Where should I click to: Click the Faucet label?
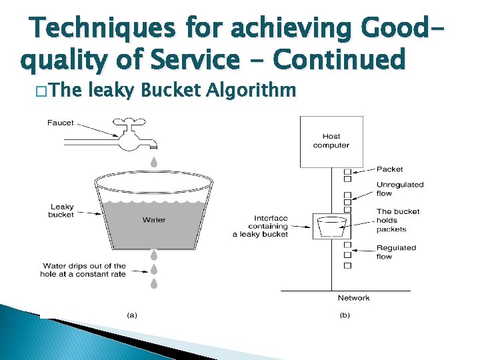[61, 123]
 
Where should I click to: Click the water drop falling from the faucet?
[153, 161]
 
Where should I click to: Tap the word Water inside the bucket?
[154, 219]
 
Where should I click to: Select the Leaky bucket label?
[61, 211]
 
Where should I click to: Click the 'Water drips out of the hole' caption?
[84, 270]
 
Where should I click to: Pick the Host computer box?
[331, 141]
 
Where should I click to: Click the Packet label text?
[390, 169]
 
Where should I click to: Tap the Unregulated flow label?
[399, 189]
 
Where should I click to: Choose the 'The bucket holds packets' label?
[397, 221]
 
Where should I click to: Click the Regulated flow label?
[396, 252]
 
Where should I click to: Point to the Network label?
[353, 298]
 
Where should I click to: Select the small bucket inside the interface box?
[331, 227]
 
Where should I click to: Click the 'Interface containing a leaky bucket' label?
[261, 226]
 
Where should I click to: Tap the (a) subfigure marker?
[131, 315]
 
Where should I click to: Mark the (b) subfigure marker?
[344, 315]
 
